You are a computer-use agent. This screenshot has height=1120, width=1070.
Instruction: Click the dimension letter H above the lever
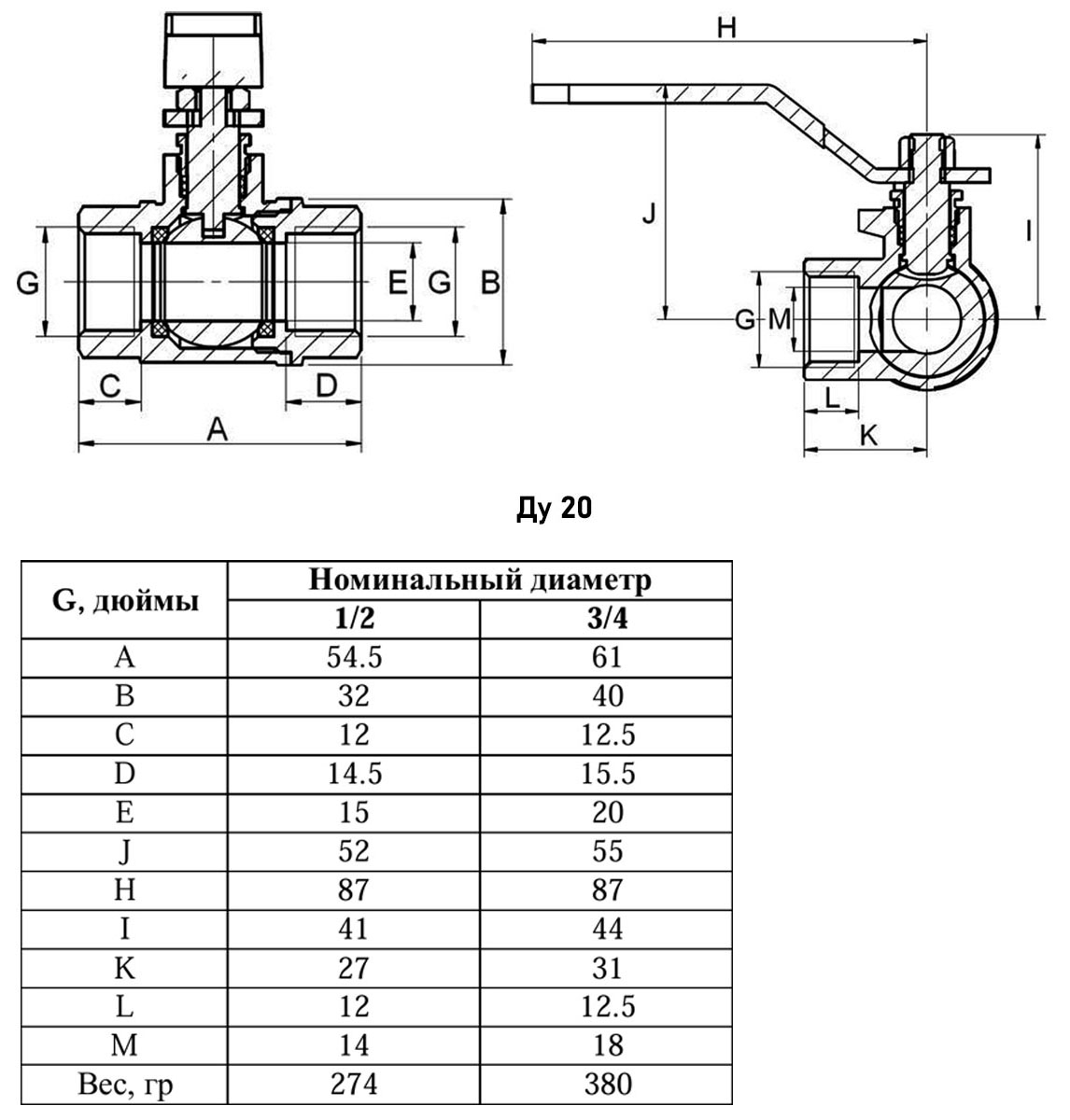(726, 29)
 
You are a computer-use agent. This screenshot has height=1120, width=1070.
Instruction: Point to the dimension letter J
(650, 215)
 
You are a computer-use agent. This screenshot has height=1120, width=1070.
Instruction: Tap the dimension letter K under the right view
(867, 434)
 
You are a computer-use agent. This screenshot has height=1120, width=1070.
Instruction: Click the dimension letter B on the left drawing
(491, 282)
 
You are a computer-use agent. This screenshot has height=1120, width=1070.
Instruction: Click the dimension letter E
(398, 282)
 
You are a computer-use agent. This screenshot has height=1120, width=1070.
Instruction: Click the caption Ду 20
(554, 509)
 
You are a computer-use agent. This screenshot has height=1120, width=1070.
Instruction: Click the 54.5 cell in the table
(354, 657)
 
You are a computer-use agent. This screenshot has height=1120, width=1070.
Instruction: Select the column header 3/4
(606, 619)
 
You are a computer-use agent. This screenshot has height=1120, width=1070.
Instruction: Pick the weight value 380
(606, 1084)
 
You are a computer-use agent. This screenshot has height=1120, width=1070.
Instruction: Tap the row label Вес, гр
(125, 1085)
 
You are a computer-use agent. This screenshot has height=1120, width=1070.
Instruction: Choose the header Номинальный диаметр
(480, 581)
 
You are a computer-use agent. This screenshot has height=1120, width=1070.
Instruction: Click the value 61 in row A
(606, 657)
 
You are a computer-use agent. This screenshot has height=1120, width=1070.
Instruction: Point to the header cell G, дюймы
(125, 599)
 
